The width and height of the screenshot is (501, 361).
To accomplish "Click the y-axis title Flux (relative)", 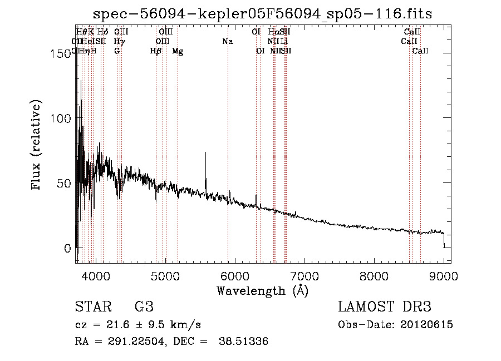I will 37,146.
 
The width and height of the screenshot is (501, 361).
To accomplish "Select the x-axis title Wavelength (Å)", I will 262,290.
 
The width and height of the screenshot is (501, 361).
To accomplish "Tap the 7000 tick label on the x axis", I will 304,275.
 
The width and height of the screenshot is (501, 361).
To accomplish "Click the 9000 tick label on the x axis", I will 444,275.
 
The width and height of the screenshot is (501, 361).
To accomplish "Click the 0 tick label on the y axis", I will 66,248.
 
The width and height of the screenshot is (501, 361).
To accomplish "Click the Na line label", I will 227,42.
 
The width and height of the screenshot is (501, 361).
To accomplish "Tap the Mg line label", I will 178,51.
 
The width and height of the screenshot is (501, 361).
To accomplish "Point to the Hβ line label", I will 156,51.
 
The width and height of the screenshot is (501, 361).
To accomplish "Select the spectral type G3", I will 144,306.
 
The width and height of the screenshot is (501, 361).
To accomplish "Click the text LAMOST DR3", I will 385,306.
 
